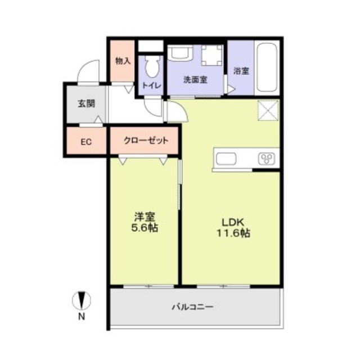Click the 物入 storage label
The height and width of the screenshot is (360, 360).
click(123, 61)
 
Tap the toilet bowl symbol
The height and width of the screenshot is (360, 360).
click(152, 66)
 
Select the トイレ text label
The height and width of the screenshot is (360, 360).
click(151, 85)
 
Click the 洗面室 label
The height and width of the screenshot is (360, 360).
click(195, 80)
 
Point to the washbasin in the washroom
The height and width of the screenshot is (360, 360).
click(180, 53)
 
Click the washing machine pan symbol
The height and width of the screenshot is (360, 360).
click(212, 55)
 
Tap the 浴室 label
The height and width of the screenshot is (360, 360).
click(241, 71)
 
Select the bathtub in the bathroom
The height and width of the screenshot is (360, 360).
click(268, 68)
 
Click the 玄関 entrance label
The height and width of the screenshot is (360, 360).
click(86, 103)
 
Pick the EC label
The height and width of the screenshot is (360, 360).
click(86, 142)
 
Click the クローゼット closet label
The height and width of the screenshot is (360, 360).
click(146, 140)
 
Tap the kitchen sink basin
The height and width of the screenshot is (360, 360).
click(226, 159)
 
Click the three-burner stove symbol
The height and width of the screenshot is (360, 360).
click(267, 159)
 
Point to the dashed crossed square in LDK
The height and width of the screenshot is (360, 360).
click(268, 110)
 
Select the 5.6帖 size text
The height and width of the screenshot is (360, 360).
click(145, 228)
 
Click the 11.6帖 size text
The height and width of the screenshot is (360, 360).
click(233, 233)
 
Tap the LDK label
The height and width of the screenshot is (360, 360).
click(232, 222)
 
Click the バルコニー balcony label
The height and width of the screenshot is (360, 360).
click(193, 307)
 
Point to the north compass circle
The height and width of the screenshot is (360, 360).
click(82, 300)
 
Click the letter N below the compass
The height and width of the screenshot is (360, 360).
click(82, 317)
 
